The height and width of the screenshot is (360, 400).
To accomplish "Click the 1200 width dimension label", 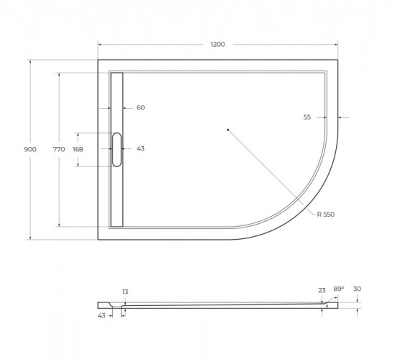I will (217, 45).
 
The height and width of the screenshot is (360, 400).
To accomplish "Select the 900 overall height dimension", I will (29, 149).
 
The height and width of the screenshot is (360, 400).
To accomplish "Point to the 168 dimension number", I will (78, 149).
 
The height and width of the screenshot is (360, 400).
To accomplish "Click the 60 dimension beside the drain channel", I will (140, 108).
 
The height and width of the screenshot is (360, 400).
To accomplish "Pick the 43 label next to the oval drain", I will (140, 149).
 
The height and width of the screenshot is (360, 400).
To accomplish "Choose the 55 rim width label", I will (307, 117).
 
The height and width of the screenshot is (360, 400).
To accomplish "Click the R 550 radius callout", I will (326, 215).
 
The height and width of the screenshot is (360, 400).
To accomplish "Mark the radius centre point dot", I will (227, 130).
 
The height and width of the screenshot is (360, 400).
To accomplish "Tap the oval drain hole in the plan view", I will (117, 149).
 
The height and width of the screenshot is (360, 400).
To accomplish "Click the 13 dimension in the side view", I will (125, 292).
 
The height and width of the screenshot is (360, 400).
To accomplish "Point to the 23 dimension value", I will (322, 291).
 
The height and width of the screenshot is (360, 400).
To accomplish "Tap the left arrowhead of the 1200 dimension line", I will (99, 45).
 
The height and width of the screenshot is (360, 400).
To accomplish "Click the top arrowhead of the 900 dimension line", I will (29, 61).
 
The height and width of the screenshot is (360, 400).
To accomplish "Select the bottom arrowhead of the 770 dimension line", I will (59, 225).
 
